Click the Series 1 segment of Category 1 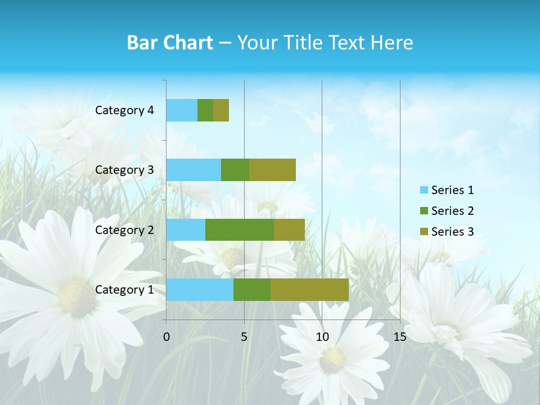199,289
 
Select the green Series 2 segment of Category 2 239,229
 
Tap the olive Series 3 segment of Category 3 272,170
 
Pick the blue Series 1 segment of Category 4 181,110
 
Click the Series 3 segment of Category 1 309,289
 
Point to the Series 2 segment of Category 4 205,110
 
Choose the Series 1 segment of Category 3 193,170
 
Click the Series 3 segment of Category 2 289,229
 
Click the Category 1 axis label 124,290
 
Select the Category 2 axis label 124,230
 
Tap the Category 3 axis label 124,170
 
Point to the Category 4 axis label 124,110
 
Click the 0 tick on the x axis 166,337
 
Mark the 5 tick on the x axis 244,337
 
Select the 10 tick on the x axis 322,337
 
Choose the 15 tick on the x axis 399,337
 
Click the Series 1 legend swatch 424,190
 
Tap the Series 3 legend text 452,232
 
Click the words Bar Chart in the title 169,43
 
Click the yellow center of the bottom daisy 332,360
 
